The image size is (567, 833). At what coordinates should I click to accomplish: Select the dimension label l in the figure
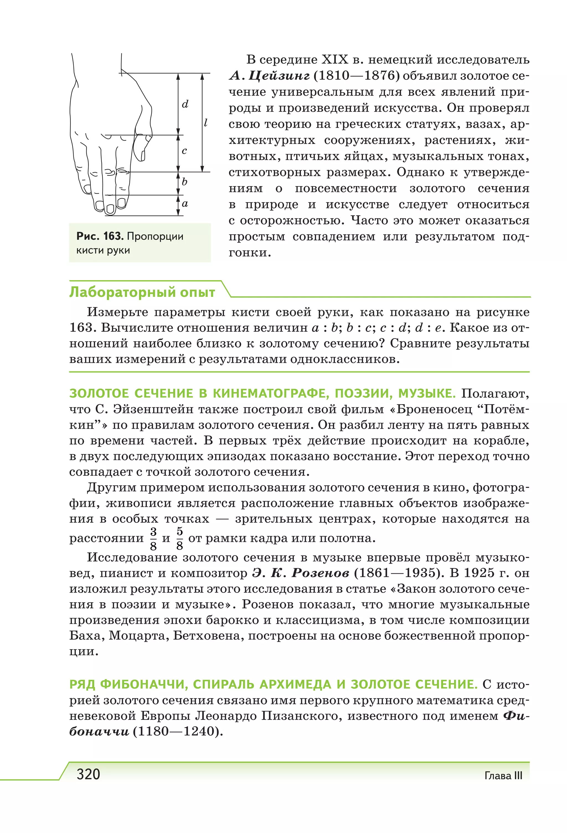[206, 123]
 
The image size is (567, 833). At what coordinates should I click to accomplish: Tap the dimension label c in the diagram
[184, 151]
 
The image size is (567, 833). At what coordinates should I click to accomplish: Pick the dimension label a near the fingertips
[185, 204]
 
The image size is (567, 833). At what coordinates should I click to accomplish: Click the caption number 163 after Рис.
[112, 236]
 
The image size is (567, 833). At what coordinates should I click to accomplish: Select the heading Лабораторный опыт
[142, 292]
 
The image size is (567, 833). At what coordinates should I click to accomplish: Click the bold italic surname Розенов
[320, 573]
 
